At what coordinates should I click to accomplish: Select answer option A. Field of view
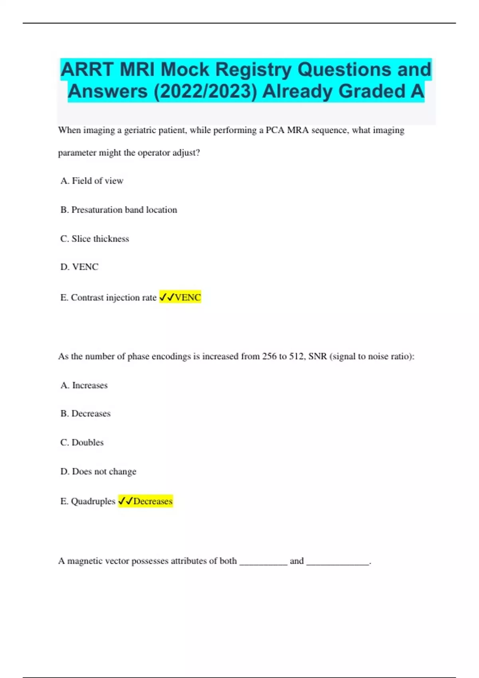click(x=92, y=181)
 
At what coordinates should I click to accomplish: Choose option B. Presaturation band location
click(x=119, y=210)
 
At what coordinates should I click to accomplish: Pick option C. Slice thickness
click(x=95, y=239)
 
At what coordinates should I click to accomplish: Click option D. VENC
click(x=79, y=267)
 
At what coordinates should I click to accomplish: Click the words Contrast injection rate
click(x=113, y=298)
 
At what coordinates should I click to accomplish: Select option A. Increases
click(x=84, y=385)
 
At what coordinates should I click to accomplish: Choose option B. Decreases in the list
click(x=85, y=414)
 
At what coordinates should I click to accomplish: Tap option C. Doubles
click(x=82, y=443)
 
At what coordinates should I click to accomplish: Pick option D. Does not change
click(x=98, y=471)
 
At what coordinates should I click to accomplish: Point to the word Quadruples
click(x=93, y=501)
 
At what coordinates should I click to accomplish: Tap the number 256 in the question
click(x=269, y=357)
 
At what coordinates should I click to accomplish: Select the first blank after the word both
click(x=263, y=562)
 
